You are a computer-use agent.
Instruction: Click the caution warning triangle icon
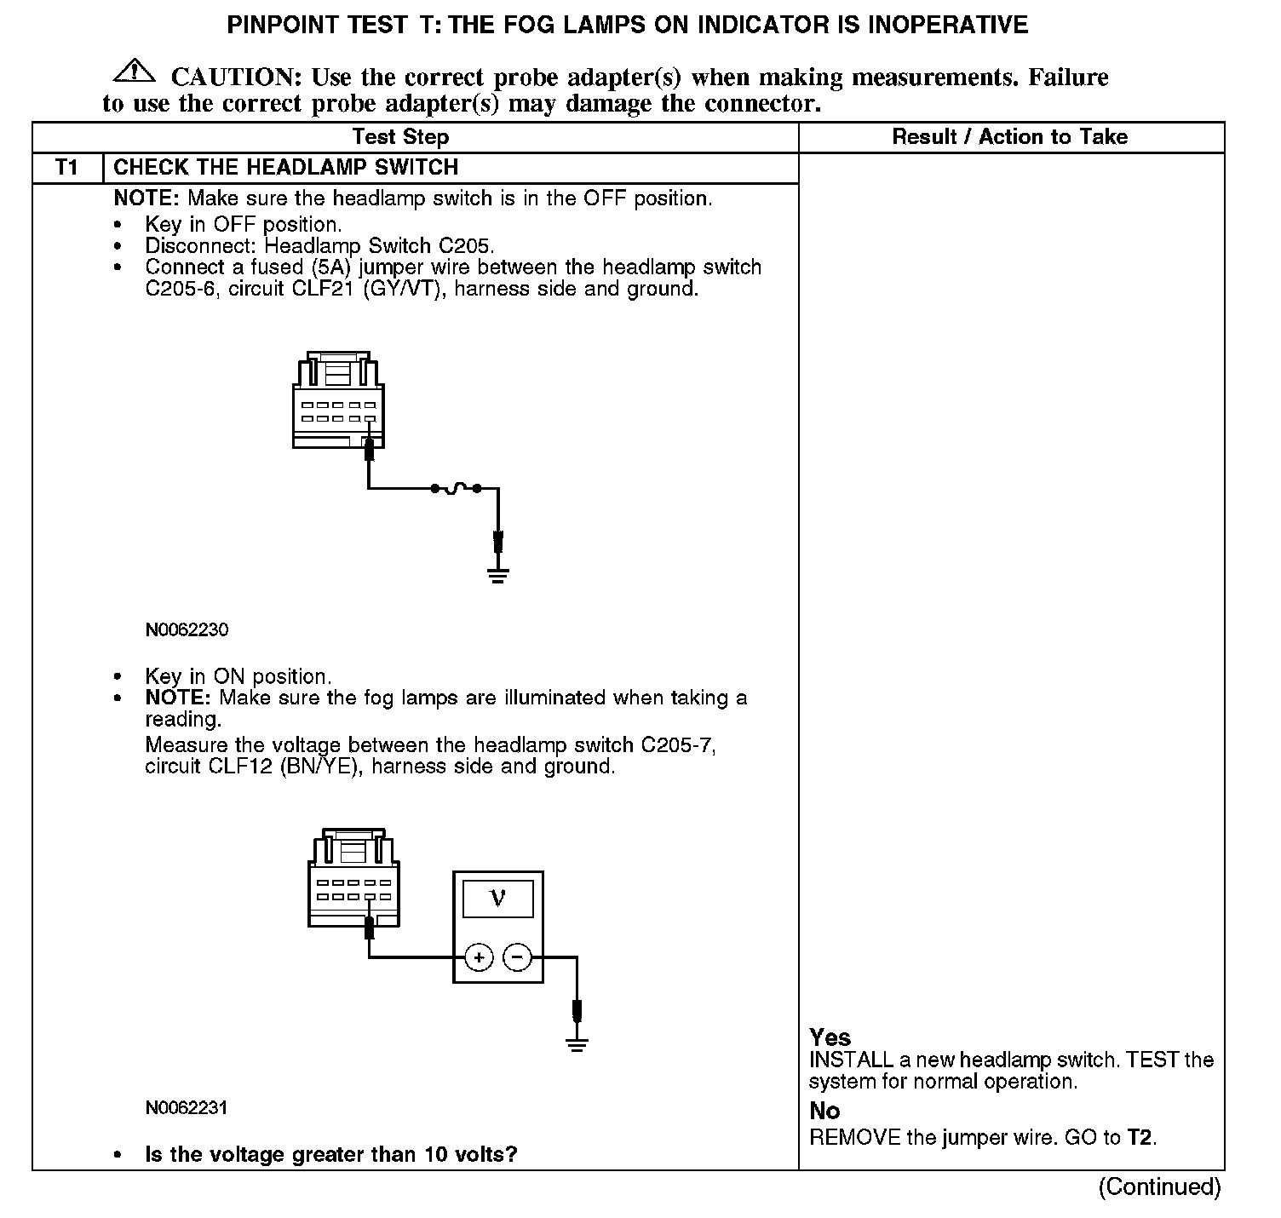(x=134, y=72)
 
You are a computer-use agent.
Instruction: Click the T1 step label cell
(x=66, y=168)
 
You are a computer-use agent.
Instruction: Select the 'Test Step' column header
(x=400, y=137)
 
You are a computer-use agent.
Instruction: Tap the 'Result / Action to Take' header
(x=1009, y=137)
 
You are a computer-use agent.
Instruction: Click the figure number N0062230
(x=187, y=630)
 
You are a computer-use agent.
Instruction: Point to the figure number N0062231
(x=187, y=1108)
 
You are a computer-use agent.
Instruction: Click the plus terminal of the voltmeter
(x=480, y=957)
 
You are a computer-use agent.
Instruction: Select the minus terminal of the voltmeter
(x=517, y=957)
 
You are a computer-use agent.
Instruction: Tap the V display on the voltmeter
(x=498, y=898)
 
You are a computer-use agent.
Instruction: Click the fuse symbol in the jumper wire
(x=456, y=488)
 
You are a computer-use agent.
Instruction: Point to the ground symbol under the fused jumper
(x=498, y=574)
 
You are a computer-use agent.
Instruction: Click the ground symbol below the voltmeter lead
(x=577, y=1044)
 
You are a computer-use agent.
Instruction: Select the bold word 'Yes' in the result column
(x=830, y=1037)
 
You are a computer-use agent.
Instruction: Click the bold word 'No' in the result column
(x=824, y=1111)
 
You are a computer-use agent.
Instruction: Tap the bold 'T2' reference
(x=1140, y=1137)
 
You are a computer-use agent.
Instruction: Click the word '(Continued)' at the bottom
(x=1159, y=1186)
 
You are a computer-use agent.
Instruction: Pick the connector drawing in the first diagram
(x=338, y=400)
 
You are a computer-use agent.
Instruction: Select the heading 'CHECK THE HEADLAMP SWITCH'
(x=285, y=168)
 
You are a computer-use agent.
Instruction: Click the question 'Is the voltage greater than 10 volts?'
(x=331, y=1155)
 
